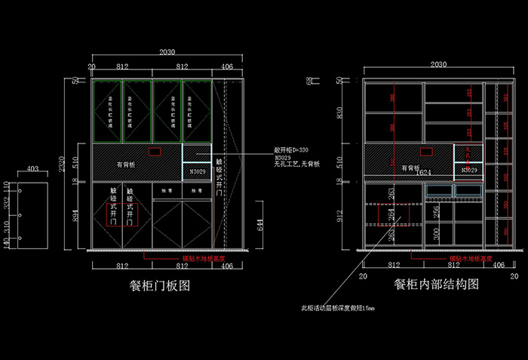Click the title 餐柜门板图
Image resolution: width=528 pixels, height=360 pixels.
tap(159, 287)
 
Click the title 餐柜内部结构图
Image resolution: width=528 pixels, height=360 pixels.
tap(437, 285)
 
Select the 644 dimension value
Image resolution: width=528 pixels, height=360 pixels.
tap(260, 224)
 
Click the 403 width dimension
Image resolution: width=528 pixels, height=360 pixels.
tap(33, 170)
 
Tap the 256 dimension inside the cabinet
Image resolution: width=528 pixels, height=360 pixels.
tap(436, 212)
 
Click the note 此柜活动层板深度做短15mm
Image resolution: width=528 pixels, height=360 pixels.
tap(338, 308)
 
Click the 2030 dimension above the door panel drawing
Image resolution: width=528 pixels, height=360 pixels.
tap(167, 52)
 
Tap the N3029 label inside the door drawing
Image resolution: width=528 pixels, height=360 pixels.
tap(197, 172)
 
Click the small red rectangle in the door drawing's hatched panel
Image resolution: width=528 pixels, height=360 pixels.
tap(154, 152)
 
